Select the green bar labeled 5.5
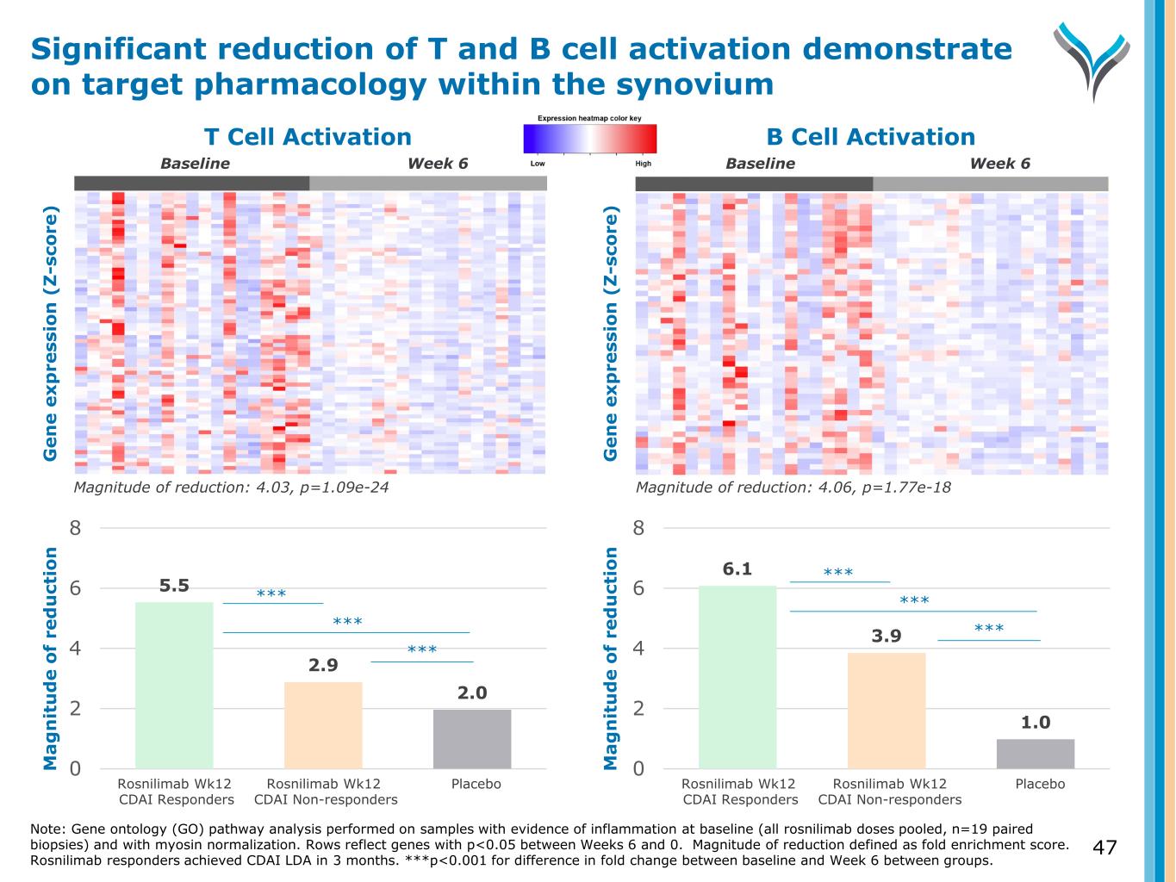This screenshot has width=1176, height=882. pos(174,685)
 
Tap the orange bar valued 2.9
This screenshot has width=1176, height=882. pos(323,724)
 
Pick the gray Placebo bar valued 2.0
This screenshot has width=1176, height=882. pos(472,738)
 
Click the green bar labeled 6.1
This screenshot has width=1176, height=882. pos(737,676)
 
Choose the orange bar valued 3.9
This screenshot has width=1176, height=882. pos(887,710)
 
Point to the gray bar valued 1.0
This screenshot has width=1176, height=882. pos(1036,753)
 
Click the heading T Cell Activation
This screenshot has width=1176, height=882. pos(308,137)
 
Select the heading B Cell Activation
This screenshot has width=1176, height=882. pos(870,137)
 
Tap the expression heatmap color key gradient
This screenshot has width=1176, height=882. pos(589,139)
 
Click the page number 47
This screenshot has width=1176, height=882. pos(1104,848)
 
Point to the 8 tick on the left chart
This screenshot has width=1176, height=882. pos(76,528)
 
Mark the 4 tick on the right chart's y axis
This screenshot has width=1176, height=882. pos(638,648)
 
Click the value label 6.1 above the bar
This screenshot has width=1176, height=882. pos(737,568)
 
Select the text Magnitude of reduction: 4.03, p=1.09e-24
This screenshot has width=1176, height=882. pos(226,488)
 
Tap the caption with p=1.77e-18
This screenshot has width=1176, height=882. pos(793,488)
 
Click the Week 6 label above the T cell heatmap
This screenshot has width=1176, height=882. pos(438,164)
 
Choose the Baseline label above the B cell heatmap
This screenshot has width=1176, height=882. pos(760,164)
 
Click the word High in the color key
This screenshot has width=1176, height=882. pos(643,164)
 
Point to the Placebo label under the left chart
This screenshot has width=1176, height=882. pos(476,784)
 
